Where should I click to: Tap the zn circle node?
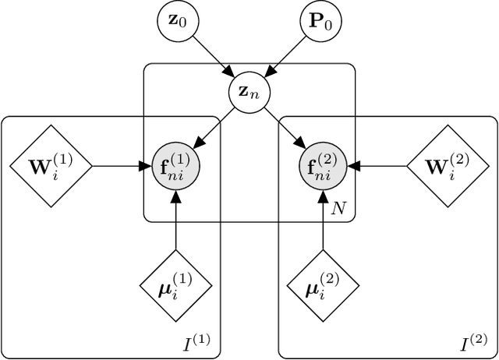pos(249,94)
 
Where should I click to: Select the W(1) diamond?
pos(51,165)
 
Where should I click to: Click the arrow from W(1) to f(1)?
pos(121,165)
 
